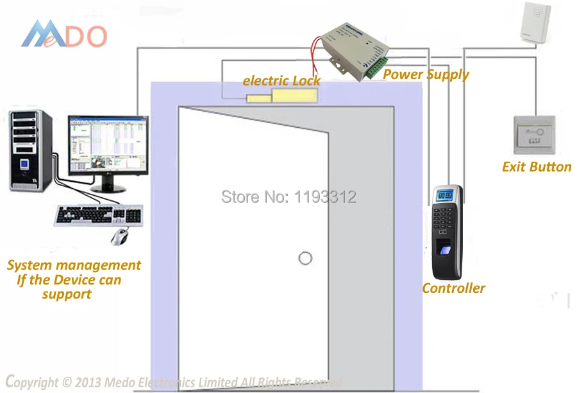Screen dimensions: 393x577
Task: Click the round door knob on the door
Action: pos(305,258)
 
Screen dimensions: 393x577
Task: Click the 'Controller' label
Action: pos(453,288)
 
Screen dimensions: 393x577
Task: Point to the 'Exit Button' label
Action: pos(537,167)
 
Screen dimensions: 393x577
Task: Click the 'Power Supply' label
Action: pos(426,74)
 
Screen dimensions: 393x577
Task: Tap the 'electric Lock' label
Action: pos(281,81)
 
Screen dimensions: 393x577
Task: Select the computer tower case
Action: pos(29,150)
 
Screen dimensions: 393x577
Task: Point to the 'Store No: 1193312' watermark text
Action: pos(288,197)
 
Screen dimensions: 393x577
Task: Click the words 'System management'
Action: pos(74,265)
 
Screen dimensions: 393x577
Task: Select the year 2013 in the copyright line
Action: pos(82,383)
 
